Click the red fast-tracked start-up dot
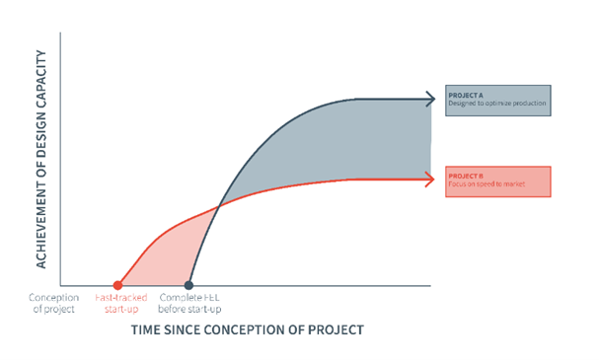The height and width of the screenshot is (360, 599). (x=118, y=285)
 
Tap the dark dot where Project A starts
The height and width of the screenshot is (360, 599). (x=188, y=285)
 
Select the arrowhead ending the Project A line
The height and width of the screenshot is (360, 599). (x=429, y=99)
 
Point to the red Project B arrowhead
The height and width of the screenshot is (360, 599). (x=429, y=179)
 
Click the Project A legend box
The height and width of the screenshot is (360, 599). (x=497, y=99)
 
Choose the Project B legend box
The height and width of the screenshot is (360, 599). (x=497, y=180)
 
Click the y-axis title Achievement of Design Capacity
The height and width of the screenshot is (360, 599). (x=42, y=160)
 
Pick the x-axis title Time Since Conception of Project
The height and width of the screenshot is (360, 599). (x=247, y=329)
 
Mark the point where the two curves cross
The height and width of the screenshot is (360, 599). (x=219, y=204)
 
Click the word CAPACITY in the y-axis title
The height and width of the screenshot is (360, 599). (x=42, y=92)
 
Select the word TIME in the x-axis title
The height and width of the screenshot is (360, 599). (x=147, y=329)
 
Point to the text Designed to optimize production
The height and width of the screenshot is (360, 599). (x=497, y=103)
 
